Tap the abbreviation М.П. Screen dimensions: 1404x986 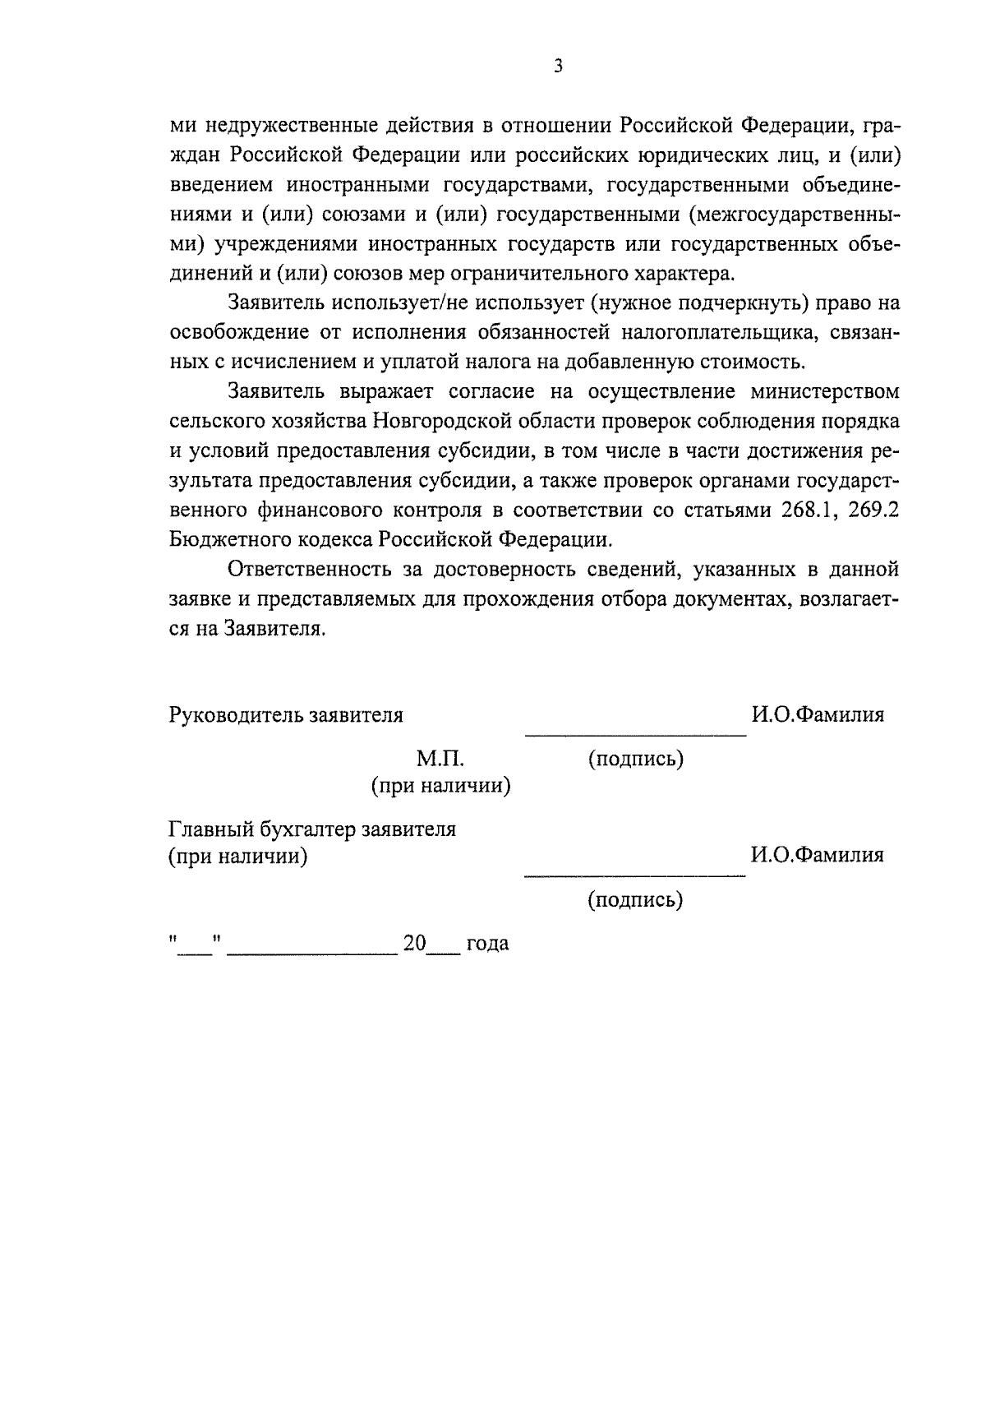pyautogui.click(x=440, y=758)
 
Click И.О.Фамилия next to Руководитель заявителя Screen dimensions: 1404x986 pyautogui.click(x=818, y=715)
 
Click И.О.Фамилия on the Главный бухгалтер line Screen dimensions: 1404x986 pyautogui.click(x=818, y=855)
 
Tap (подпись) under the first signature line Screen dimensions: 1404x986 pyautogui.click(x=635, y=759)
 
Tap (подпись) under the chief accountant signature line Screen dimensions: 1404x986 pyautogui.click(x=635, y=901)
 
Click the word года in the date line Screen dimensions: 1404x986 pyautogui.click(x=487, y=944)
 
